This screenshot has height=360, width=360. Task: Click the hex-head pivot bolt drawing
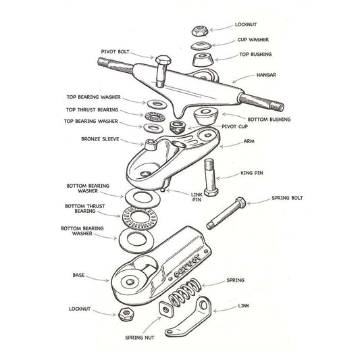point(161,68)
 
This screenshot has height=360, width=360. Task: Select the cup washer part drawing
point(200,45)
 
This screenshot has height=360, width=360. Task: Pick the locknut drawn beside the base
point(125,314)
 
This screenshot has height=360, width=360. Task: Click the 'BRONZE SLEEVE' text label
point(100,141)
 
